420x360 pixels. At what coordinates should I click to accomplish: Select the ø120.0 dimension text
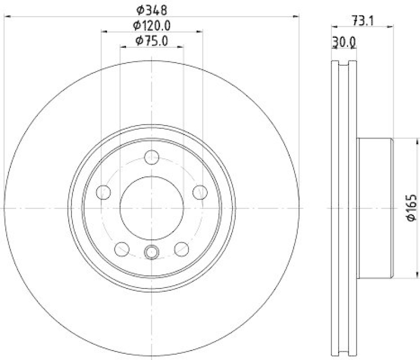click(x=152, y=25)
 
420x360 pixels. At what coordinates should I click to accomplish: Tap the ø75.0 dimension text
click(x=152, y=40)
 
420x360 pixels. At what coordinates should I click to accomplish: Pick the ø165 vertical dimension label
click(x=412, y=208)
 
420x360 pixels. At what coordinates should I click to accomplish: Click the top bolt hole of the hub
click(x=152, y=157)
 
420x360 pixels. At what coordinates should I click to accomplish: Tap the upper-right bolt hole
click(x=199, y=192)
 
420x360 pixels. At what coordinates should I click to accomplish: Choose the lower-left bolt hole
click(x=122, y=248)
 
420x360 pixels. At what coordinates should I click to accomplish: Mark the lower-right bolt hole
click(x=182, y=248)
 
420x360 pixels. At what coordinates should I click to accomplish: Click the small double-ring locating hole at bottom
click(x=152, y=252)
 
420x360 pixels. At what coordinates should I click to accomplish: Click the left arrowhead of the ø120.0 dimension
click(x=103, y=32)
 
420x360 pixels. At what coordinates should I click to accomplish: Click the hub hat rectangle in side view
click(x=375, y=208)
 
